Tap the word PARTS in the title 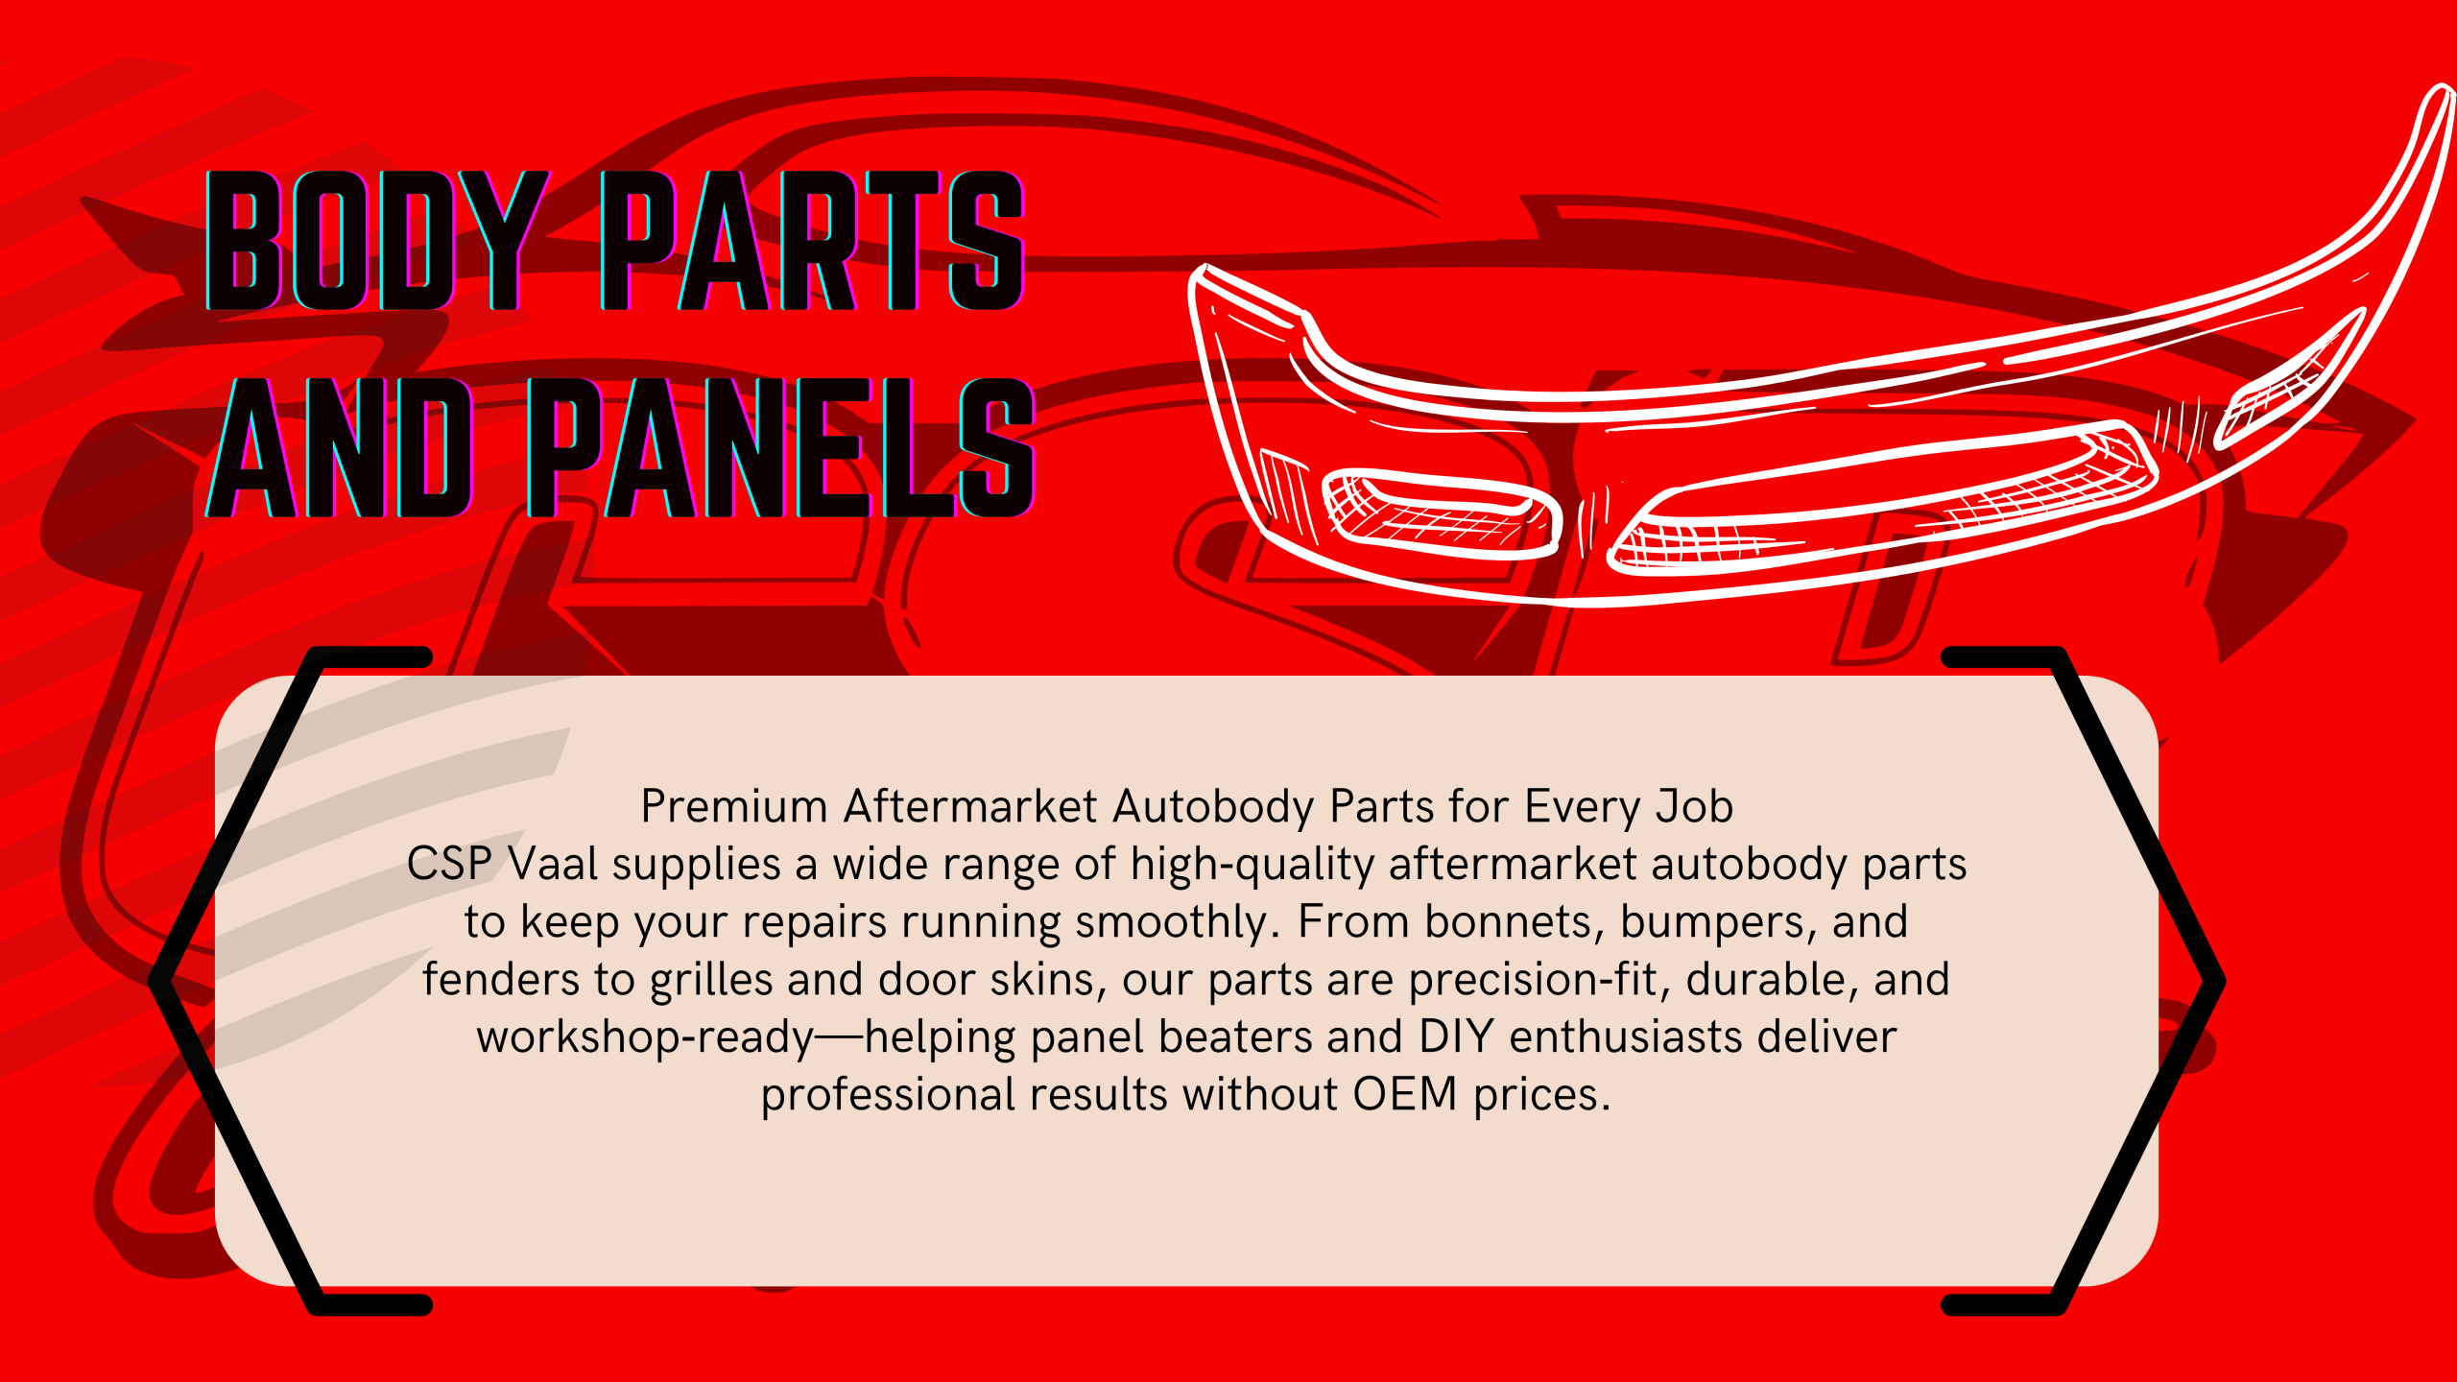pyautogui.click(x=813, y=240)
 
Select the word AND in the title pyautogui.click(x=339, y=447)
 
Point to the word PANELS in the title pyautogui.click(x=781, y=447)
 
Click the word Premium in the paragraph pyautogui.click(x=734, y=807)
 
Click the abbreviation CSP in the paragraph pyautogui.click(x=449, y=864)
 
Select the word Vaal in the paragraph pyautogui.click(x=553, y=864)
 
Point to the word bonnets pyautogui.click(x=1515, y=922)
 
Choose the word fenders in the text pyautogui.click(x=501, y=980)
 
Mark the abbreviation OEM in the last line pyautogui.click(x=1405, y=1095)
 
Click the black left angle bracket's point pyautogui.click(x=154, y=981)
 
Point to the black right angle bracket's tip pyautogui.click(x=2221, y=981)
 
